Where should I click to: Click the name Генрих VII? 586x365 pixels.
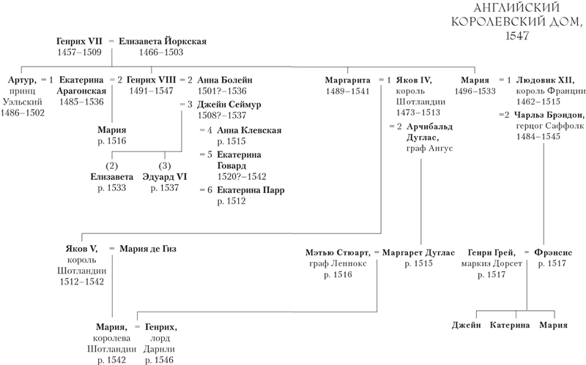78,42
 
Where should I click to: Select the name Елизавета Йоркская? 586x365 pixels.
163,42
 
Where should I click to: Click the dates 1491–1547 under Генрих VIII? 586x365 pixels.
151,91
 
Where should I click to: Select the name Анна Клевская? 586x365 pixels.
240,129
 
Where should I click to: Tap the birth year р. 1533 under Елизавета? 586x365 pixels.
112,188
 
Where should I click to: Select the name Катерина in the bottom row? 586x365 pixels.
510,325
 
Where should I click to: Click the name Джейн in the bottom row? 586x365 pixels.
466,325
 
